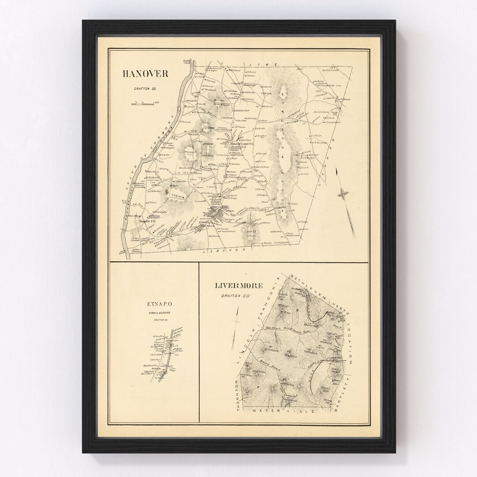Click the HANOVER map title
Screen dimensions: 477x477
(x=145, y=74)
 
